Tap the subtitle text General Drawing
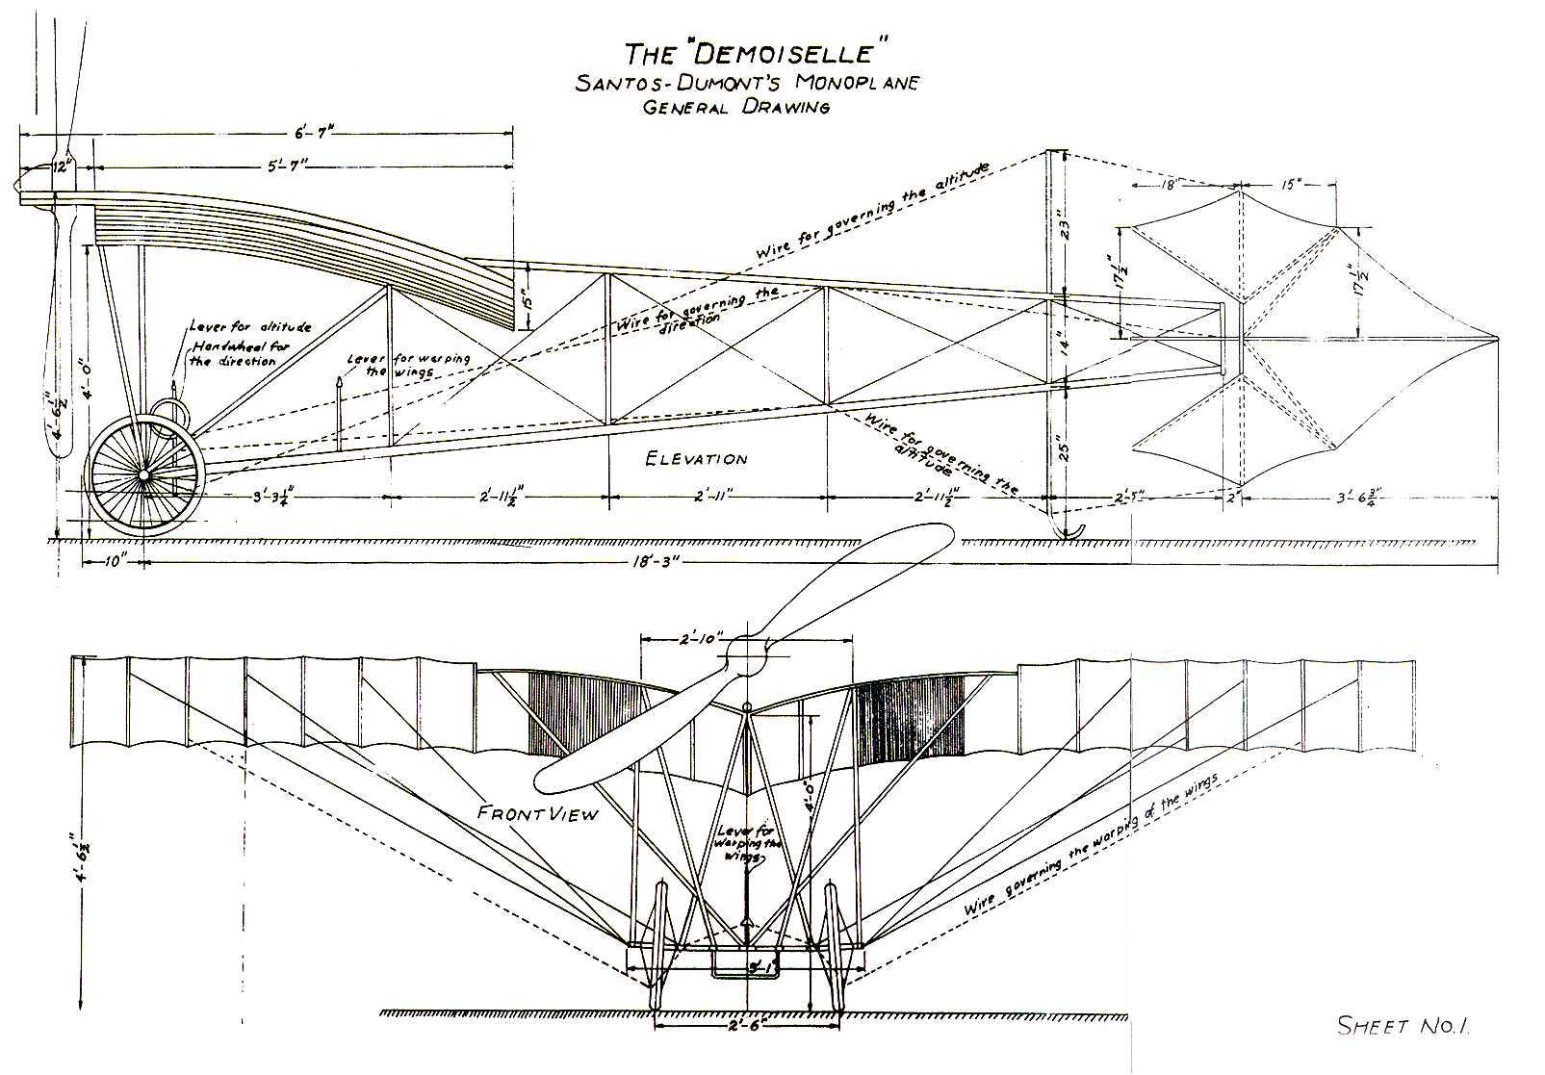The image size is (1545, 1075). coord(736,107)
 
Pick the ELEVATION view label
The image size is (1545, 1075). coord(697,459)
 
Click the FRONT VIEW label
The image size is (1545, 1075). coord(538,813)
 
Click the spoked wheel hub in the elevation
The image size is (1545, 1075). coord(143,476)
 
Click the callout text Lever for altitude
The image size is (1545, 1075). coord(250,327)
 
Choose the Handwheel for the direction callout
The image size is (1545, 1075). coord(238,353)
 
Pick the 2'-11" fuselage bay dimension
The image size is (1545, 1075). coord(716,498)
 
